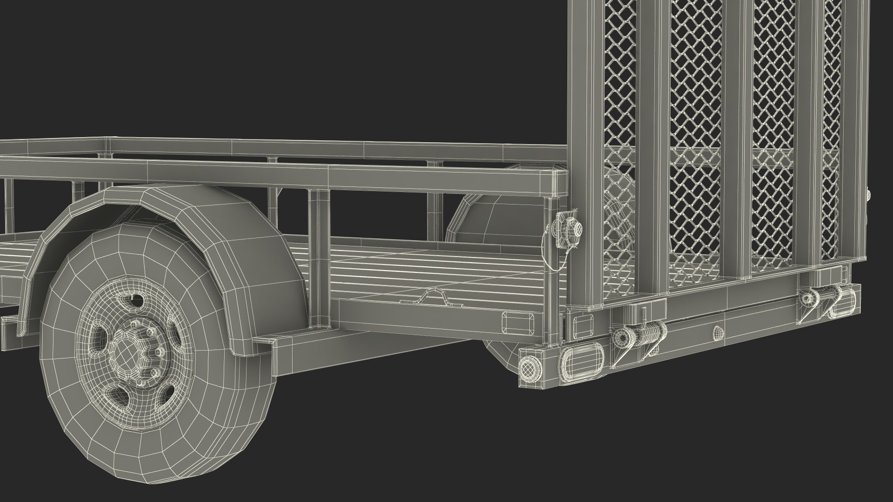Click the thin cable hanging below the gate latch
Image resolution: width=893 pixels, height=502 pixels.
tap(548, 260)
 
